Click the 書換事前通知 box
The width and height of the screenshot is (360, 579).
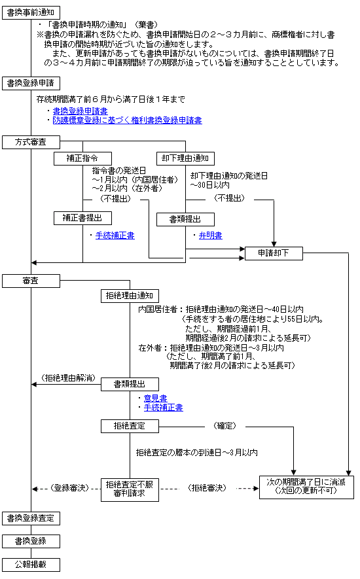[31, 12]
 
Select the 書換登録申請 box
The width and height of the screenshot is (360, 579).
[31, 83]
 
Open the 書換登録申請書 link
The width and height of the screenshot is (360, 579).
[81, 111]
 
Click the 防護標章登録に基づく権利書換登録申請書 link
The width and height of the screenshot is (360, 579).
[127, 120]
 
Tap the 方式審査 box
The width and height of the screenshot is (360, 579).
[31, 142]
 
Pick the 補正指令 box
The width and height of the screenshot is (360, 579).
[82, 158]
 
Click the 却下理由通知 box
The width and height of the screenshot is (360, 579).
[185, 158]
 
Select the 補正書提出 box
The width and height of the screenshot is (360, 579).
[82, 218]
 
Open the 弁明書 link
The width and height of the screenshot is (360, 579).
[210, 236]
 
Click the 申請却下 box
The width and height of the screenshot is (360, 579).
[274, 253]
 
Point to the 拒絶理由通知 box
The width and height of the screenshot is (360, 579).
[130, 296]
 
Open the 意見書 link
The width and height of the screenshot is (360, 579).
[155, 398]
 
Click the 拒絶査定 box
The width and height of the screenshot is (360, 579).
[130, 426]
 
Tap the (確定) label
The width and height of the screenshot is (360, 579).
[225, 426]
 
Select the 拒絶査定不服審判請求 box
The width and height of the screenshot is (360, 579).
[130, 489]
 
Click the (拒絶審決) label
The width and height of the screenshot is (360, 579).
[207, 488]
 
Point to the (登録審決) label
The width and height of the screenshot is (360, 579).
[70, 488]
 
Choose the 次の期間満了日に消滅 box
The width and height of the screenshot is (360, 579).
[306, 487]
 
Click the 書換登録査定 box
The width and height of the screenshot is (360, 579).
[31, 518]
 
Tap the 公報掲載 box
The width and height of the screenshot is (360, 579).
[31, 565]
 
